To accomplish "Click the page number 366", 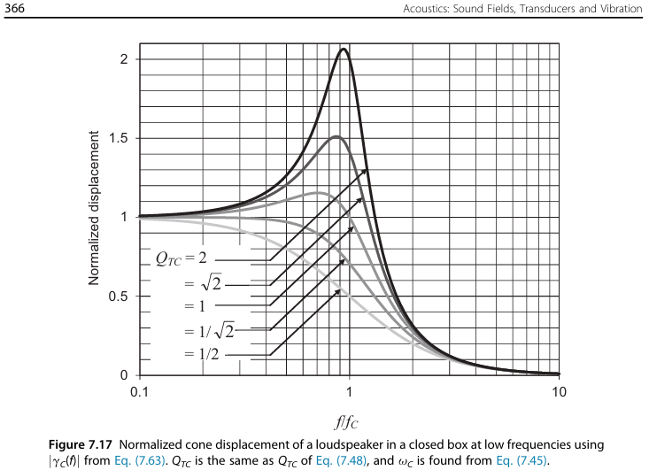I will tap(15, 8).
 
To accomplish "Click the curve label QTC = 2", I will tap(181, 259).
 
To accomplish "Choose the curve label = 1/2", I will tap(200, 355).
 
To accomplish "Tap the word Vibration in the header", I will tap(617, 8).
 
